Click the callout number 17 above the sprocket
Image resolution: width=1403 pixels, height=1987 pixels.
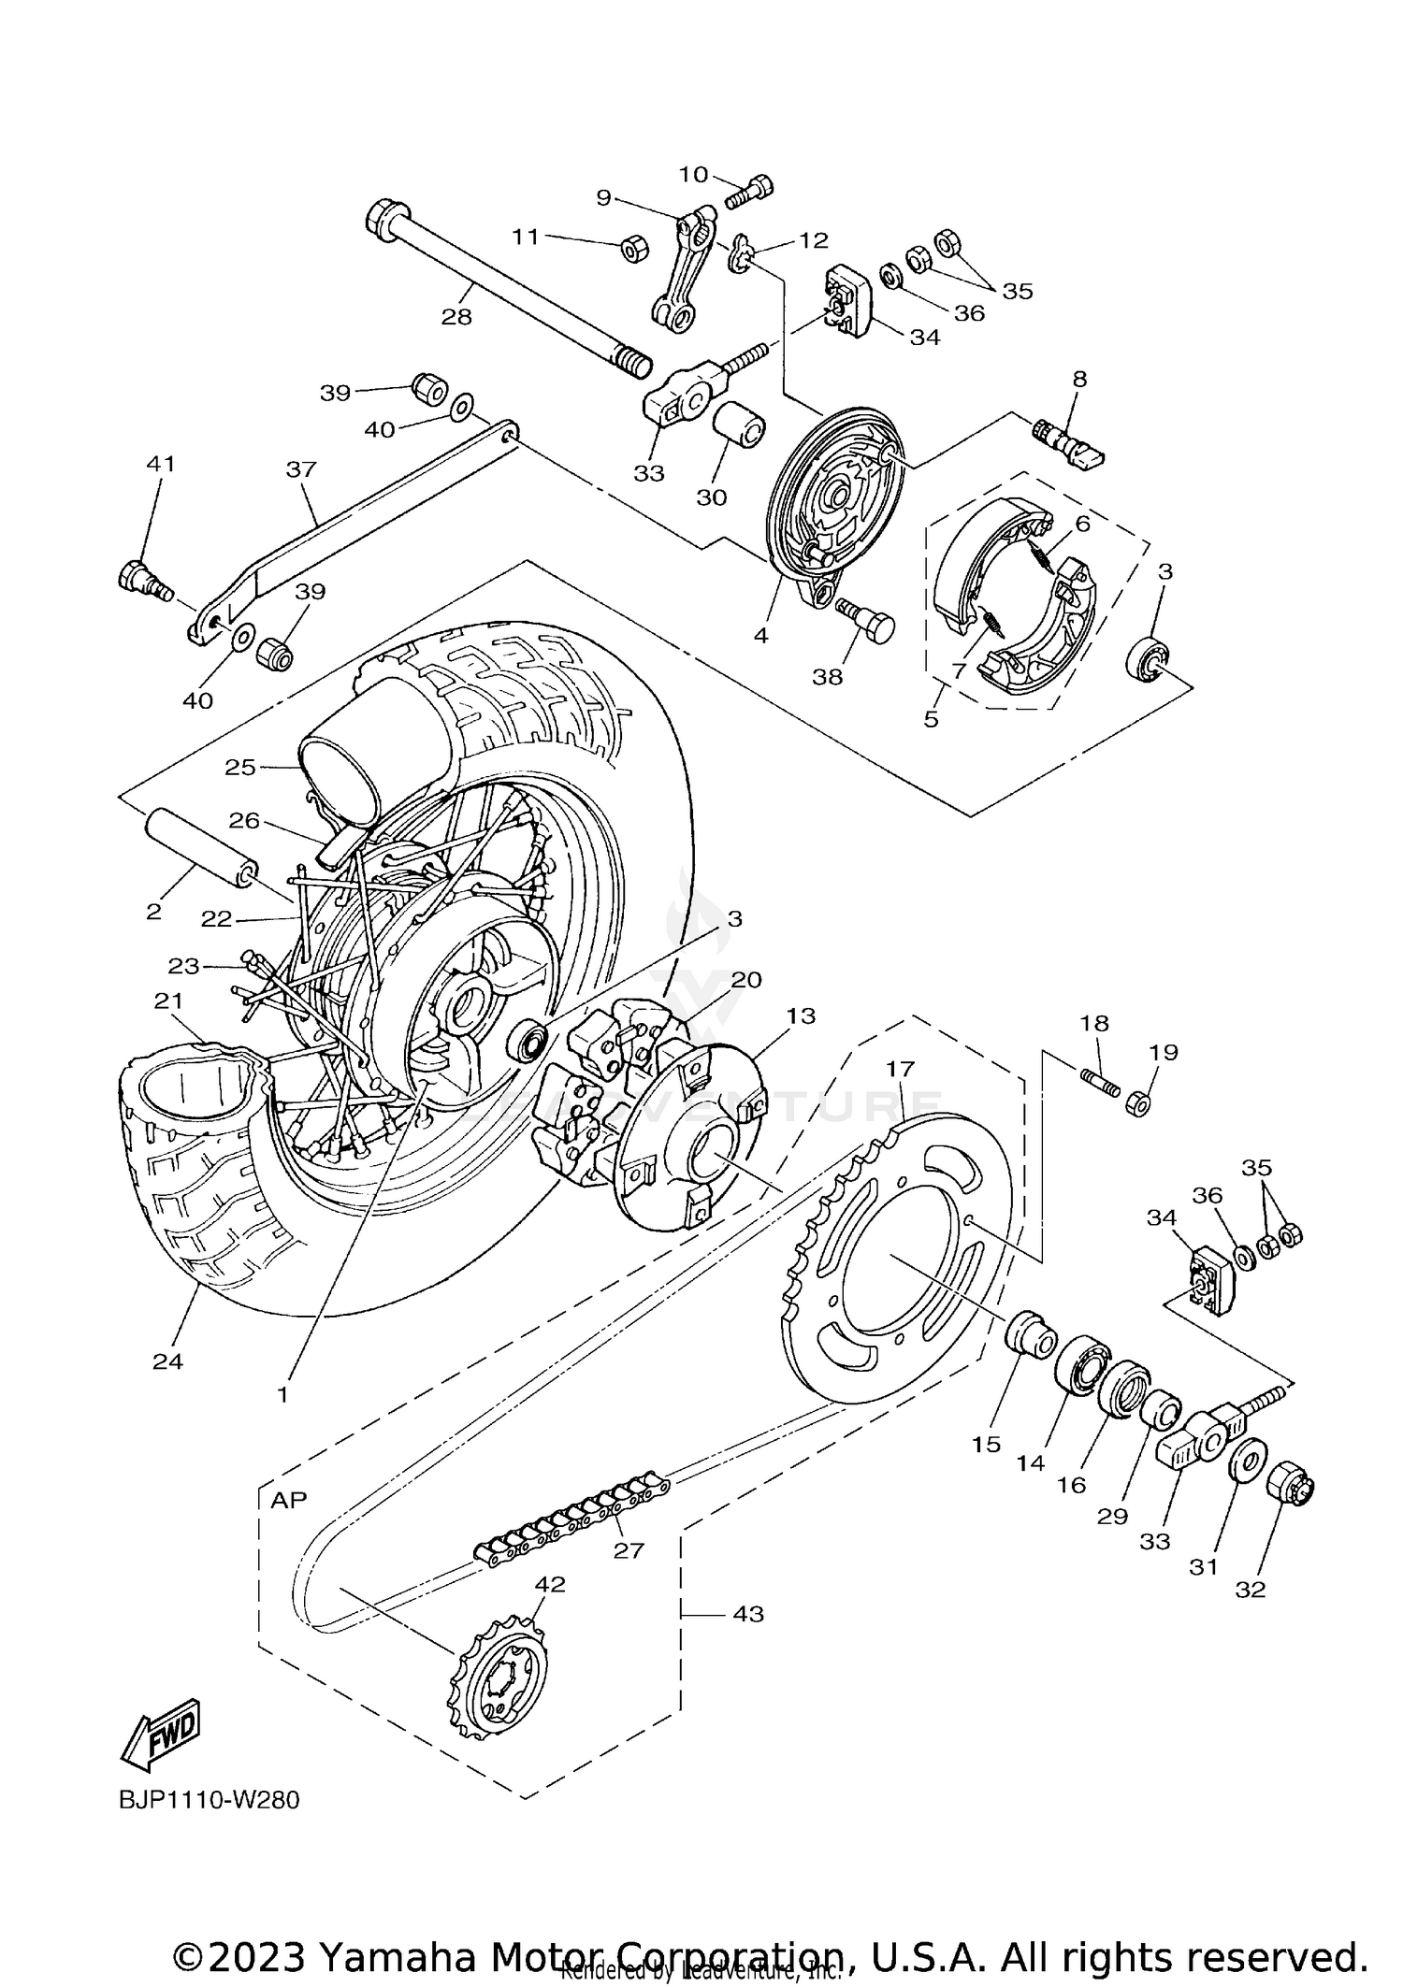[x=900, y=1068]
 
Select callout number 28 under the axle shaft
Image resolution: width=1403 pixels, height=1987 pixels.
[x=456, y=317]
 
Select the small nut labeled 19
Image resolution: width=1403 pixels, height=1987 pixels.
[x=1136, y=1102]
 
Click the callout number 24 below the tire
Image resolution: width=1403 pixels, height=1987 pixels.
[x=167, y=1361]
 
